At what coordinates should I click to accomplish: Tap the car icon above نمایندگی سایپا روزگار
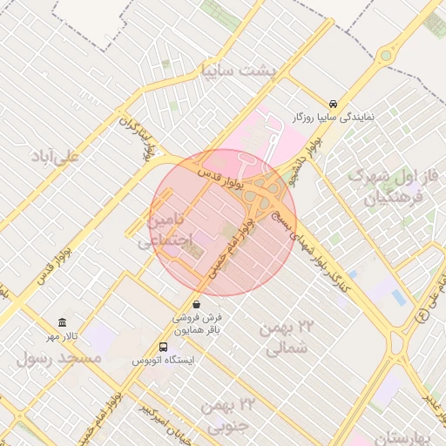click(x=334, y=103)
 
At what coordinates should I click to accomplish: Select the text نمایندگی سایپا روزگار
click(x=334, y=116)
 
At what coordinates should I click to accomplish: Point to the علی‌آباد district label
click(x=54, y=157)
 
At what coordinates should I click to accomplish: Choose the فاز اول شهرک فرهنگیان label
click(x=389, y=186)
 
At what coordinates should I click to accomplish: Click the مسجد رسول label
click(x=59, y=358)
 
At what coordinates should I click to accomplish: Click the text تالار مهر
click(x=63, y=336)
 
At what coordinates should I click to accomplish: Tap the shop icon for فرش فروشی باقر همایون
click(x=197, y=305)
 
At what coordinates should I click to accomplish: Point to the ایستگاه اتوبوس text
click(x=164, y=360)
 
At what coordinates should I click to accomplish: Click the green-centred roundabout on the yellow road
click(x=385, y=57)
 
